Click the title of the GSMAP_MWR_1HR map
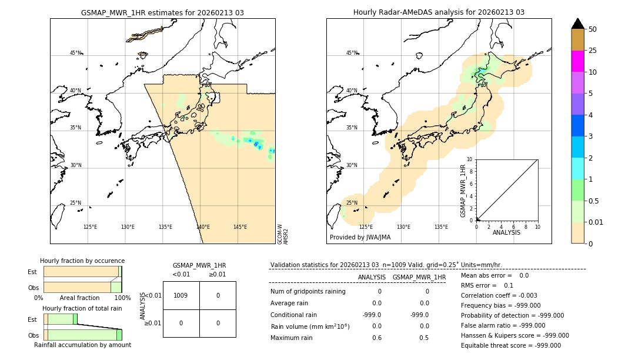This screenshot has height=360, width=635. (x=162, y=12)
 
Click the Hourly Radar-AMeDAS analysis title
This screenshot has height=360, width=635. (x=439, y=12)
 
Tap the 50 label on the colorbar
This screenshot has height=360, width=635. (x=593, y=29)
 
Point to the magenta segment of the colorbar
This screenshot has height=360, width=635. (x=577, y=61)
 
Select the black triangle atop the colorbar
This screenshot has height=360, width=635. (x=577, y=24)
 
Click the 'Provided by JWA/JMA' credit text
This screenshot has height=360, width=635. (x=360, y=237)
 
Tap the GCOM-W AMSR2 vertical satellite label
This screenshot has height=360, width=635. (x=283, y=234)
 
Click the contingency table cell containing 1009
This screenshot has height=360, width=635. (x=181, y=295)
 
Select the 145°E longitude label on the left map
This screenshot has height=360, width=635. (x=240, y=227)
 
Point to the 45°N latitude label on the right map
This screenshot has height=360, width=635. (x=352, y=53)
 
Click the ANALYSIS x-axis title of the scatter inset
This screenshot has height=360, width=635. (x=507, y=232)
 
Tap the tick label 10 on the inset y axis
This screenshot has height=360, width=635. (x=469, y=159)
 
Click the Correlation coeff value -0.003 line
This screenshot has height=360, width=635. (x=499, y=296)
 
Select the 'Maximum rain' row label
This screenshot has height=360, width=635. (x=291, y=338)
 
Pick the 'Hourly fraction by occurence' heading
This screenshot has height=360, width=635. (x=82, y=261)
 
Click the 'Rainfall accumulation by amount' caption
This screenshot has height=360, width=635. (x=82, y=345)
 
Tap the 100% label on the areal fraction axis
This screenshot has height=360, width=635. (x=122, y=298)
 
